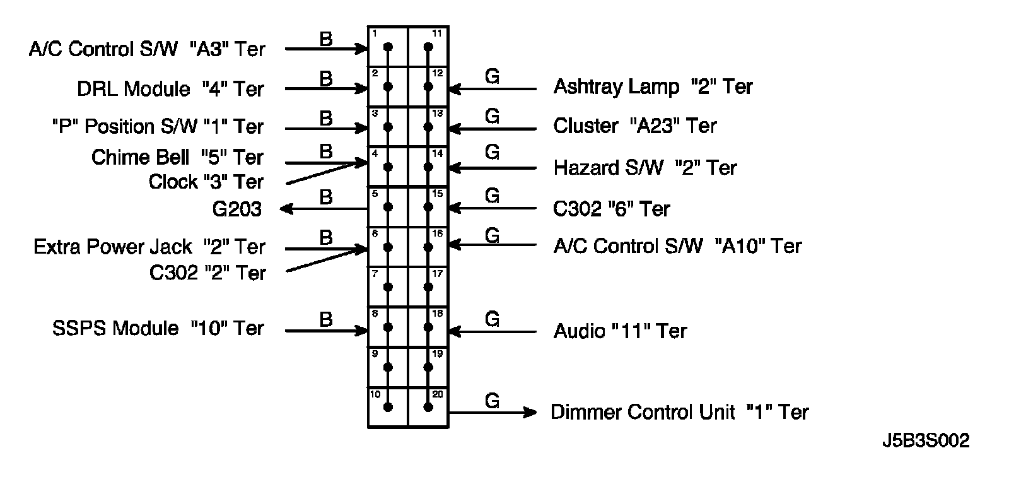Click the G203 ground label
[x=236, y=209]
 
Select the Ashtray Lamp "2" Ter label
[x=653, y=86]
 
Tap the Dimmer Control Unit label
[x=679, y=412]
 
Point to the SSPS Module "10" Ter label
[x=158, y=328]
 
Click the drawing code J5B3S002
[x=925, y=440]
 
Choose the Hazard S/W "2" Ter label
[x=644, y=168]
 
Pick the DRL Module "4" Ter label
[x=170, y=89]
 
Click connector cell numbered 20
[x=428, y=407]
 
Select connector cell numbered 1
[x=388, y=47]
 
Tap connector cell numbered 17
[x=428, y=286]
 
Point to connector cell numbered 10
[x=388, y=407]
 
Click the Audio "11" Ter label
[x=620, y=331]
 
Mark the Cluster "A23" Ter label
[x=634, y=126]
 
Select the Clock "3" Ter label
[x=206, y=182]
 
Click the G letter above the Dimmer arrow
[x=492, y=401]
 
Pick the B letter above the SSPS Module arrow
[x=325, y=319]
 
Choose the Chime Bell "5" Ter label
[x=177, y=157]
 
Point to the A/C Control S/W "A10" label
[x=677, y=246]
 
